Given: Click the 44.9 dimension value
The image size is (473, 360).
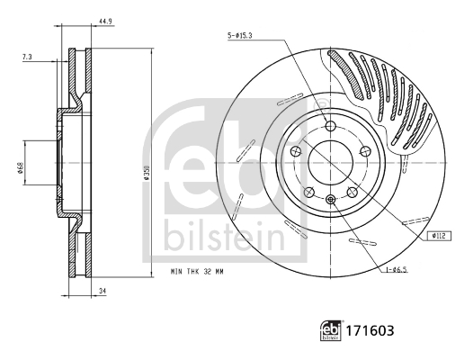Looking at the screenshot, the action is pyautogui.click(x=105, y=22).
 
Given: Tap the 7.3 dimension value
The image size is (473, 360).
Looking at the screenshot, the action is pyautogui.click(x=27, y=57).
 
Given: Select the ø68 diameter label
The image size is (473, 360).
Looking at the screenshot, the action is pyautogui.click(x=21, y=168).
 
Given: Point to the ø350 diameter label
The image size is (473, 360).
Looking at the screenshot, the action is pyautogui.click(x=147, y=173).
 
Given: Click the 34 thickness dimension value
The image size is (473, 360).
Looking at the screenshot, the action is pyautogui.click(x=103, y=291).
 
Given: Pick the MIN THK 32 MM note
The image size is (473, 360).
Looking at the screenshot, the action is pyautogui.click(x=197, y=272).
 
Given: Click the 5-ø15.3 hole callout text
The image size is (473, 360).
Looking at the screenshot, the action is pyautogui.click(x=240, y=36).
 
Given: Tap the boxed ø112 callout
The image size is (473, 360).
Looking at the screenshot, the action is pyautogui.click(x=439, y=236).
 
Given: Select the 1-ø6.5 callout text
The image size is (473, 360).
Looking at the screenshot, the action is pyautogui.click(x=396, y=270).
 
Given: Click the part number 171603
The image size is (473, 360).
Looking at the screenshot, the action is pyautogui.click(x=370, y=330).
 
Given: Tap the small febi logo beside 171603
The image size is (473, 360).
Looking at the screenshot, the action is pyautogui.click(x=331, y=330).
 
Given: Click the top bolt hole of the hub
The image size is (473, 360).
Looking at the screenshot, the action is pyautogui.click(x=331, y=126).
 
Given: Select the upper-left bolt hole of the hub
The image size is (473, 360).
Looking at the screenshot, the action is pyautogui.click(x=296, y=150).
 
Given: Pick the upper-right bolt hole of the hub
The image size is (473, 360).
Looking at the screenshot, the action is pyautogui.click(x=366, y=150).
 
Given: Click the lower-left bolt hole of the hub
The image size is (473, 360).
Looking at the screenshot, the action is pyautogui.click(x=309, y=192).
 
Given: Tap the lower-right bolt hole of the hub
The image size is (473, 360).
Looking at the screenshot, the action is pyautogui.click(x=352, y=192).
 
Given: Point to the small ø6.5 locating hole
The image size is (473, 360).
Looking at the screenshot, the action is pyautogui.click(x=331, y=199).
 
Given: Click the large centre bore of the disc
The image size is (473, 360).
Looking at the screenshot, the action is pyautogui.click(x=331, y=163).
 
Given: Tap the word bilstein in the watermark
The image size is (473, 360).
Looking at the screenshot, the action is pyautogui.click(x=225, y=236).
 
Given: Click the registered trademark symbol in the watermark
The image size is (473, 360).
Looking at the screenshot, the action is pyautogui.click(x=319, y=105).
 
